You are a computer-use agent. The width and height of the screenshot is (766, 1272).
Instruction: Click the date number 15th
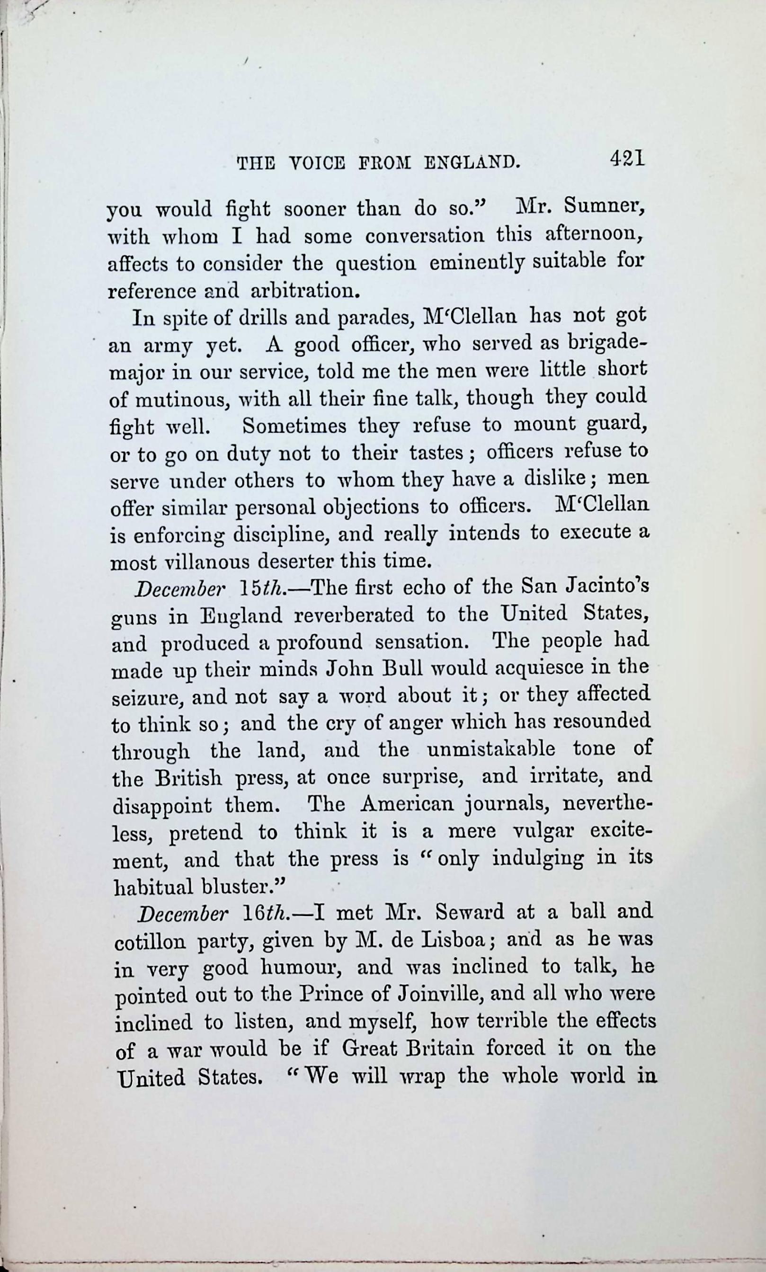click(x=262, y=589)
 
